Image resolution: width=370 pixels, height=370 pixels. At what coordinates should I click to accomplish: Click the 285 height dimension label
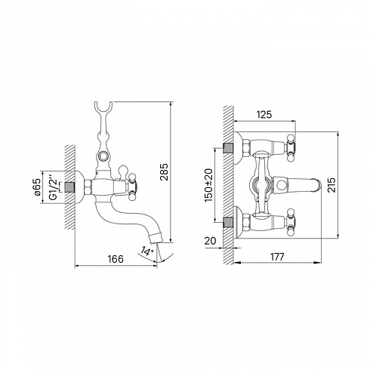(x=164, y=172)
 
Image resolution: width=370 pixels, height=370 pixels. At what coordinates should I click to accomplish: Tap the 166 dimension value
(x=116, y=259)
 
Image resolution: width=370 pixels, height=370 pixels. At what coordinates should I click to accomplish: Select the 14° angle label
(x=147, y=251)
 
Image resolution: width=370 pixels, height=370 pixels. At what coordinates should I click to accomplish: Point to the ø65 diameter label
(x=37, y=187)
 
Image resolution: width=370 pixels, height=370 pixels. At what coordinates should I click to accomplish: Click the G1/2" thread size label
(x=54, y=187)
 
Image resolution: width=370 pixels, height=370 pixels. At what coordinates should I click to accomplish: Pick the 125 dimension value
(x=264, y=115)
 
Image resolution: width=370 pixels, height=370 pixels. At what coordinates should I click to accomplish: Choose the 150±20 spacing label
(x=208, y=186)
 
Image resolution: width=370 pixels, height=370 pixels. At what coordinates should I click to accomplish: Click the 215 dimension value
(x=331, y=185)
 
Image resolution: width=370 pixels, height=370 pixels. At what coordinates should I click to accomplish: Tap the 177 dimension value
(x=277, y=257)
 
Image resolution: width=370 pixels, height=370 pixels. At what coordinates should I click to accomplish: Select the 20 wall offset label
(x=210, y=241)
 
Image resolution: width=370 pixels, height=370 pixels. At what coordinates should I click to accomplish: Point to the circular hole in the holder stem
(x=103, y=156)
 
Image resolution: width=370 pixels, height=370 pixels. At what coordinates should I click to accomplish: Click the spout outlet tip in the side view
(x=156, y=239)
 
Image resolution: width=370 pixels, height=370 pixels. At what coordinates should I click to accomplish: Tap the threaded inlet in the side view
(x=69, y=187)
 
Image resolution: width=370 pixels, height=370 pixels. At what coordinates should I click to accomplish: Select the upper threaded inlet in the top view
(x=229, y=148)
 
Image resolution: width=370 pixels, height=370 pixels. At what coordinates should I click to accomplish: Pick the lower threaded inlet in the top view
(x=229, y=222)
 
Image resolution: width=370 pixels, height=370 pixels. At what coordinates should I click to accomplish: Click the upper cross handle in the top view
(x=290, y=148)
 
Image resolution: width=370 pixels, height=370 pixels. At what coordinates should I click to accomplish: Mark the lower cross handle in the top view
(x=290, y=222)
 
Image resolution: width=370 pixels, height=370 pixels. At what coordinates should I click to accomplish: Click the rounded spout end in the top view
(x=318, y=185)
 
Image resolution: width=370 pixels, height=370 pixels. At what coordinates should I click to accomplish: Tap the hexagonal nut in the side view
(x=88, y=187)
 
